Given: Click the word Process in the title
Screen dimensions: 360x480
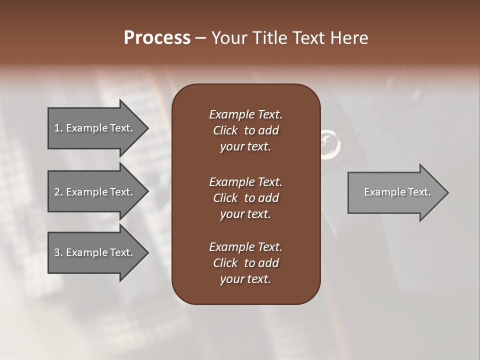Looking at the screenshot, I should click(157, 38).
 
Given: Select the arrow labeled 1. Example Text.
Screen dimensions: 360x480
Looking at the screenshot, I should click(95, 128).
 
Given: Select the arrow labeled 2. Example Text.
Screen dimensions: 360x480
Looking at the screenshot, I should click(95, 192).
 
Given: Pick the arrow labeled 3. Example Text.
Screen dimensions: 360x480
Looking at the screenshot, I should click(95, 252).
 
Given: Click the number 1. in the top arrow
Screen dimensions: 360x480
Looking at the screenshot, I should click(58, 128).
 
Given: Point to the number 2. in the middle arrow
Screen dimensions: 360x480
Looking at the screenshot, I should click(58, 192).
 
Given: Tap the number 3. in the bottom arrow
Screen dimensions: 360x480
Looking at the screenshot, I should click(58, 252).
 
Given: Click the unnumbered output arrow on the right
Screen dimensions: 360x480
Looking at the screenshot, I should click(395, 192).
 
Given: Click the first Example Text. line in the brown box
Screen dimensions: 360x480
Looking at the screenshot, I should click(245, 114).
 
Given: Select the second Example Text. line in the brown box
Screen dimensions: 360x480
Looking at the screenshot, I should click(245, 181).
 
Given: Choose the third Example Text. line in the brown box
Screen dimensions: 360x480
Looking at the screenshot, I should click(245, 247).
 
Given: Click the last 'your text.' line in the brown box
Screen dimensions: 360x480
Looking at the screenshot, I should click(245, 279).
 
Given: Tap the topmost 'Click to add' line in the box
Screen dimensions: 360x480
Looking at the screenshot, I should click(245, 130).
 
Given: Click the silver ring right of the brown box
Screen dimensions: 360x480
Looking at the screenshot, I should click(330, 143).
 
